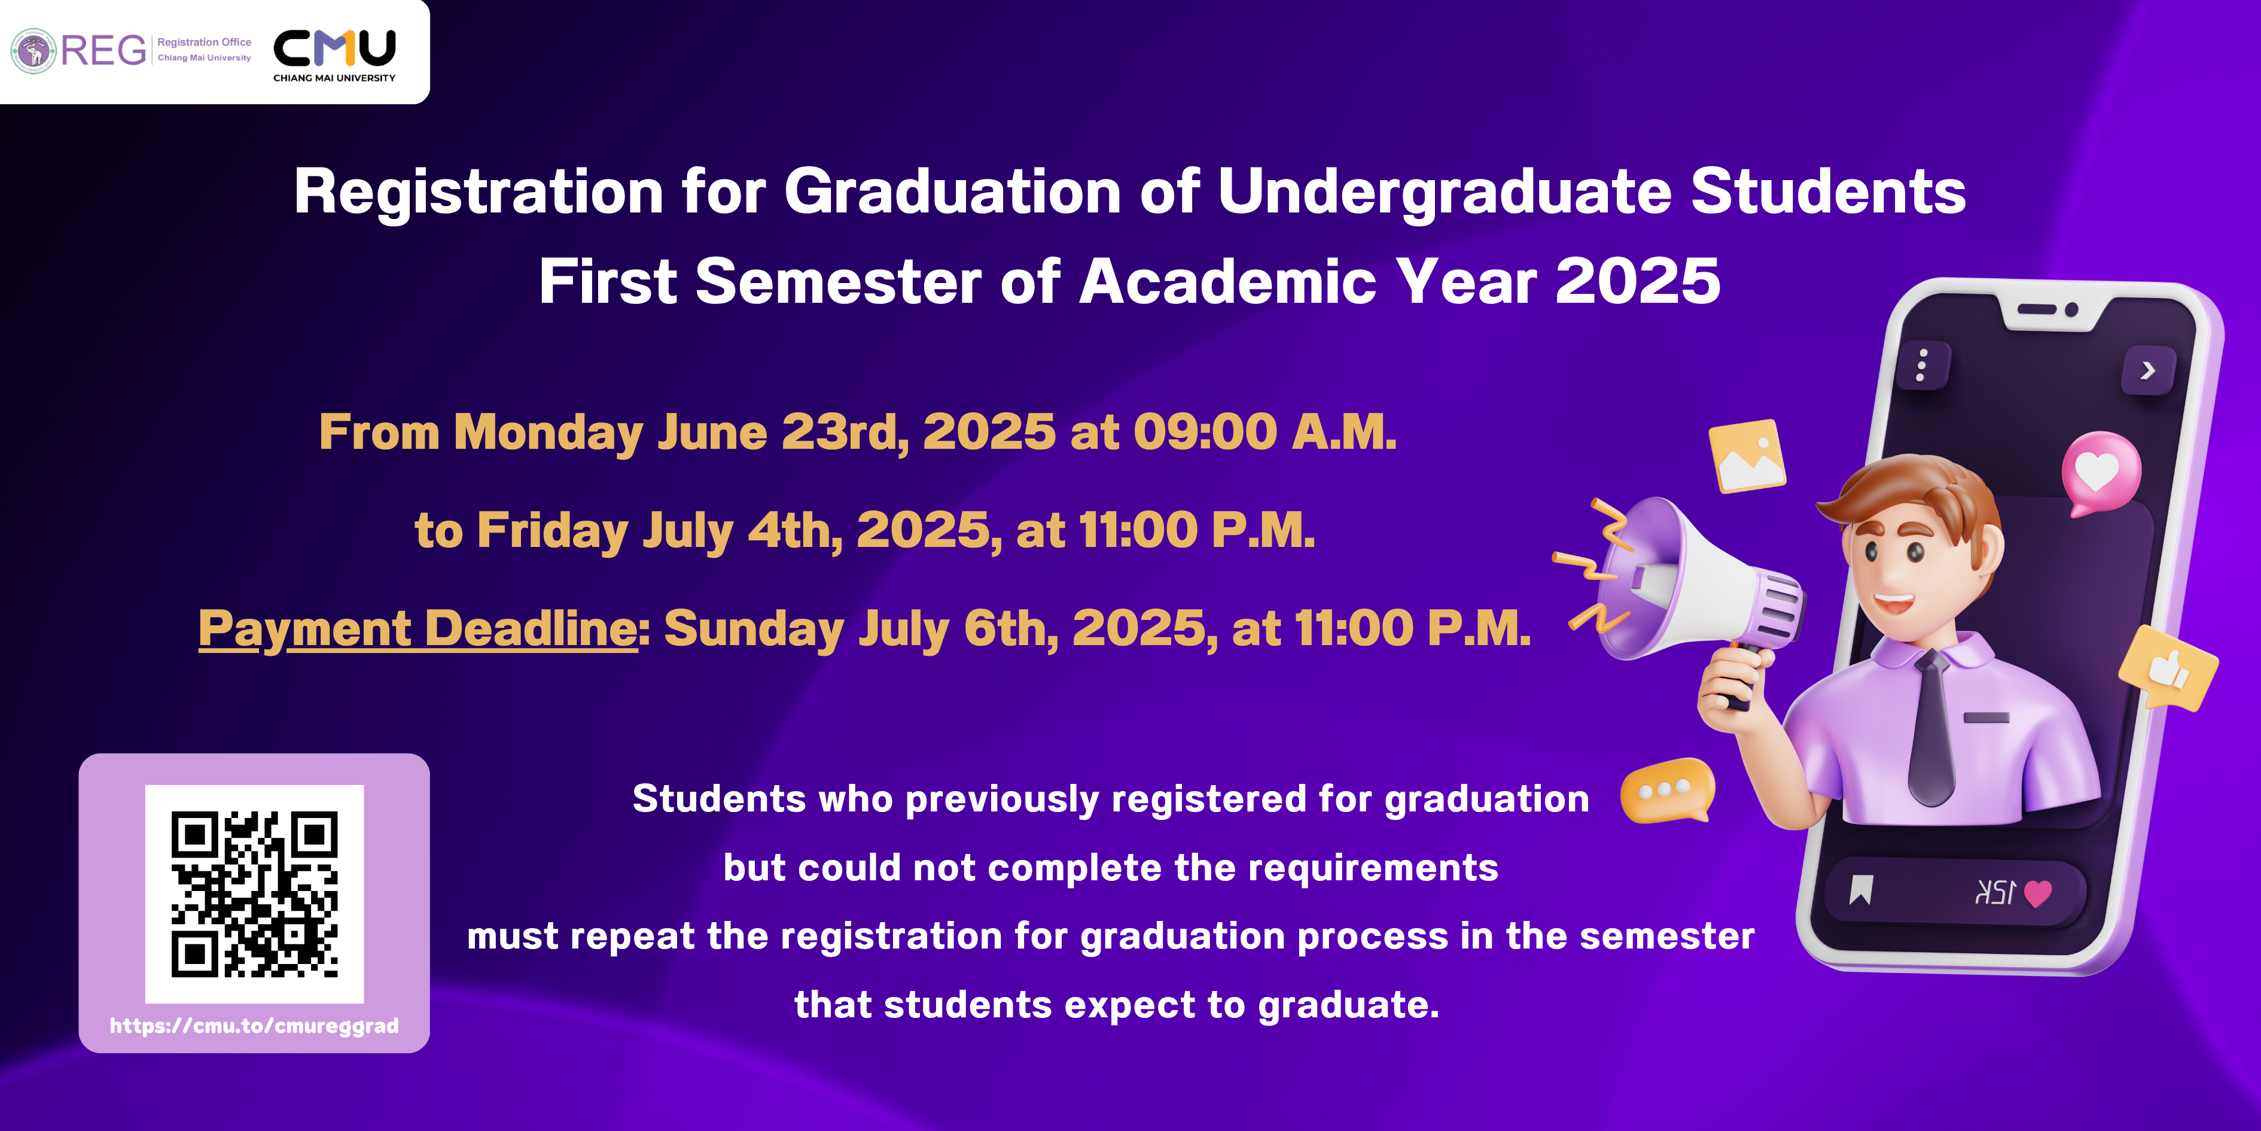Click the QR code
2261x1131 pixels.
[x=255, y=894]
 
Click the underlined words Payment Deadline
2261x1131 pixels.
[x=418, y=629]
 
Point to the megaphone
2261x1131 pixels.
[x=1681, y=588]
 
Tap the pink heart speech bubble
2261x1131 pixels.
[x=2100, y=472]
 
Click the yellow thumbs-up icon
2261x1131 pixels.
[x=2168, y=667]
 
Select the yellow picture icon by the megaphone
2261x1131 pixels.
[x=1747, y=456]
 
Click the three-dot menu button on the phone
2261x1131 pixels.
[x=1922, y=365]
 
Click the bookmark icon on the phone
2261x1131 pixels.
[x=1861, y=889]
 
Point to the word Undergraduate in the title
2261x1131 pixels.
[x=1445, y=191]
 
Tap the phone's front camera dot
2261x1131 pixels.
[x=2071, y=309]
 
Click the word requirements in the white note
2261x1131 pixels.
[x=1373, y=868]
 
